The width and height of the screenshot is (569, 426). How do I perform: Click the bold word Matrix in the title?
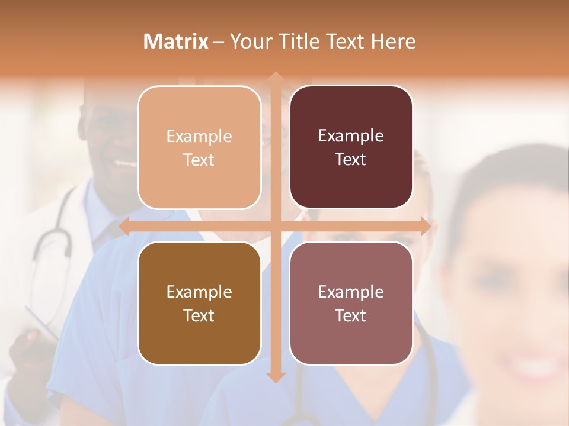176,41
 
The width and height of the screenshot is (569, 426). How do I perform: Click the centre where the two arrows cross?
275,227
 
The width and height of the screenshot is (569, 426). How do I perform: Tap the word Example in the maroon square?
351,136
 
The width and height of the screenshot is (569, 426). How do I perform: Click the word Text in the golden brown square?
199,315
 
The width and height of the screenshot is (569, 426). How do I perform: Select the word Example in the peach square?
199,137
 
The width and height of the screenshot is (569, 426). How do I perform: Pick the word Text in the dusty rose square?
351,315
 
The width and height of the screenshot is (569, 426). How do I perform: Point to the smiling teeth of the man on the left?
125,163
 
